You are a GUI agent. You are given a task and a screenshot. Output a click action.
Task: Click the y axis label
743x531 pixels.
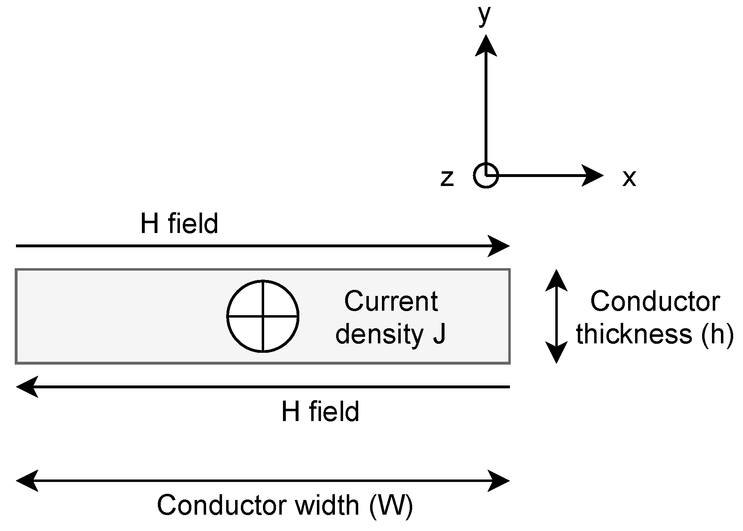[x=485, y=16]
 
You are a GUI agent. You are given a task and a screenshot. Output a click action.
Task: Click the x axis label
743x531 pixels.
[x=629, y=178]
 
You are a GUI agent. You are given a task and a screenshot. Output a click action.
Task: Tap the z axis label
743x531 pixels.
[x=447, y=178]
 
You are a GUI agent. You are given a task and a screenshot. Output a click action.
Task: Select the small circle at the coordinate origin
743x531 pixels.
[x=486, y=176]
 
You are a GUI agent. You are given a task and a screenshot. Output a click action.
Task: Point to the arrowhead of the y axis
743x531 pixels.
[x=486, y=45]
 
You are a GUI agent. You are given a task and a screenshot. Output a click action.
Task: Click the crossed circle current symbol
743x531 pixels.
[x=263, y=316]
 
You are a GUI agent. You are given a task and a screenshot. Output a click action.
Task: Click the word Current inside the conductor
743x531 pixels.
[x=391, y=301]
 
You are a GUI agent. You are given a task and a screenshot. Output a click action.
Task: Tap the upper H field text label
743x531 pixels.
[x=179, y=224]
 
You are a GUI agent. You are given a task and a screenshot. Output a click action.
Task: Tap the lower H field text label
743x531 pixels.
[x=320, y=412]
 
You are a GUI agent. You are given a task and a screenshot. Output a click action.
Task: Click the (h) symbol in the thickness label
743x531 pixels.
[x=717, y=334]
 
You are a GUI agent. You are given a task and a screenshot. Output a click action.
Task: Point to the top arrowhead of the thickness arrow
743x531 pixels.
[x=557, y=280]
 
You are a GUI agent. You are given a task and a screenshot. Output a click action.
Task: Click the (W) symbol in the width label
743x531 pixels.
[x=391, y=506]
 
